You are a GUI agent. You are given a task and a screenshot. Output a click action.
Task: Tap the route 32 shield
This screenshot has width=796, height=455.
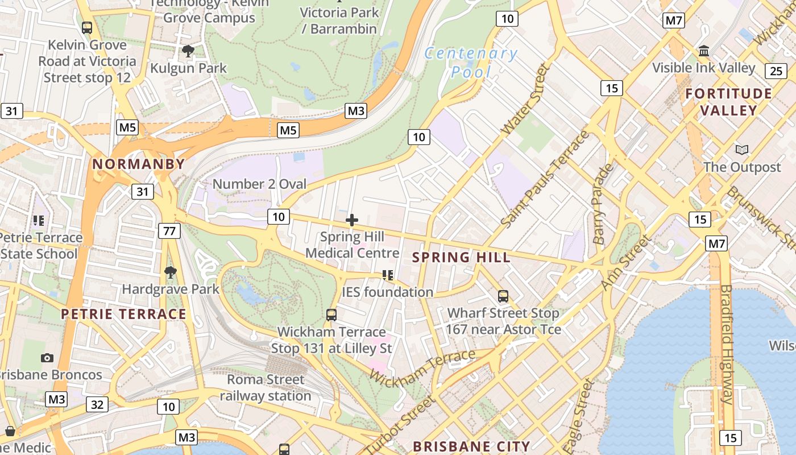(97, 404)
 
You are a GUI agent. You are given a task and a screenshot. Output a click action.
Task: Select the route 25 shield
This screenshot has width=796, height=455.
(776, 71)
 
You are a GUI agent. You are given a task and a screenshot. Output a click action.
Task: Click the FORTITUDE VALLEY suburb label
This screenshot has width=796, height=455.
(729, 102)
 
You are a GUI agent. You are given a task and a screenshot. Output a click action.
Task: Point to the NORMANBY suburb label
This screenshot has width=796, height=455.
(139, 164)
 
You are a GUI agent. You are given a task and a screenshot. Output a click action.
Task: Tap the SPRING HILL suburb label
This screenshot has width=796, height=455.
(461, 257)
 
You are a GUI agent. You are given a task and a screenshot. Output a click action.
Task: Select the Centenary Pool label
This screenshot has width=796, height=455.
(471, 63)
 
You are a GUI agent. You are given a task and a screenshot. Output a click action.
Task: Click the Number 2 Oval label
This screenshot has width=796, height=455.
(259, 184)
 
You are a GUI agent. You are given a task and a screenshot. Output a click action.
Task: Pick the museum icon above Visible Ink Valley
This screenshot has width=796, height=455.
(704, 51)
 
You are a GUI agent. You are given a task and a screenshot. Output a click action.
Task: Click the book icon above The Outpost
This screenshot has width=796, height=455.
(742, 150)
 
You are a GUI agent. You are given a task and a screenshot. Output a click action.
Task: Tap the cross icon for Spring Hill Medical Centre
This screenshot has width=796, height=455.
(352, 220)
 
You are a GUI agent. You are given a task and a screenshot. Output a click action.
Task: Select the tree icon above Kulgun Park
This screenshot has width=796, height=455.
(188, 51)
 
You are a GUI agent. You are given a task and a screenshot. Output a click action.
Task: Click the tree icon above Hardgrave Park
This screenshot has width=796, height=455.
(170, 272)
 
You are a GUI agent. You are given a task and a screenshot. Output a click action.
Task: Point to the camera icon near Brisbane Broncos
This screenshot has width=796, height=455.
(47, 358)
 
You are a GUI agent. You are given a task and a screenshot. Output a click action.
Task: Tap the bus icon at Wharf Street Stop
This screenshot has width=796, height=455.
(503, 296)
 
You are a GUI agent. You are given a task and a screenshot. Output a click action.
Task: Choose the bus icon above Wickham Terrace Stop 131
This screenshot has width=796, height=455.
(331, 315)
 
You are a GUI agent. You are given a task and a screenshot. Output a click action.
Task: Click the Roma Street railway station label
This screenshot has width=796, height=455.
(266, 387)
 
